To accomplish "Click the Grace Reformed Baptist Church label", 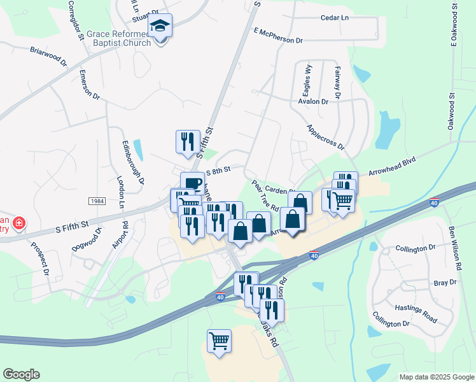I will coord(120,38).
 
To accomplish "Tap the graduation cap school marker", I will coord(160,26).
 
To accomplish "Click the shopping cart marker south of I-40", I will coord(219,341).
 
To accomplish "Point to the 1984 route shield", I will coord(96,201).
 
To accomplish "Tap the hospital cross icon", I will coord(20,223).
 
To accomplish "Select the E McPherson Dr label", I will coord(278,35).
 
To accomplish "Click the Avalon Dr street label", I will coord(312,101).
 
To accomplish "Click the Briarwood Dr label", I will coord(48,56).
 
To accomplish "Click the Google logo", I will coord(21,374).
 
